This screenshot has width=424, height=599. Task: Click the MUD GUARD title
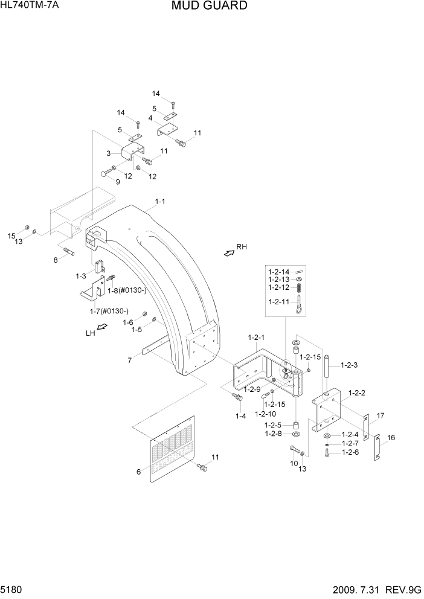coord(209,6)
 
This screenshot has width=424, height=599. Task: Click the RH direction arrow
coord(230,254)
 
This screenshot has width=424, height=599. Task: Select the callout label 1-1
coord(160,202)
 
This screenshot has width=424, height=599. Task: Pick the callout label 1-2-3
coord(350,365)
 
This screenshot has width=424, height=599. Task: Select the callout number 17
coord(381,415)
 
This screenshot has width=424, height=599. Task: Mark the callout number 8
coord(56,260)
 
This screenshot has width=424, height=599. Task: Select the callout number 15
coord(11,235)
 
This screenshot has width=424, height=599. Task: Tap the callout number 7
coord(129,360)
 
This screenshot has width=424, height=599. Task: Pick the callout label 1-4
coord(240,416)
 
